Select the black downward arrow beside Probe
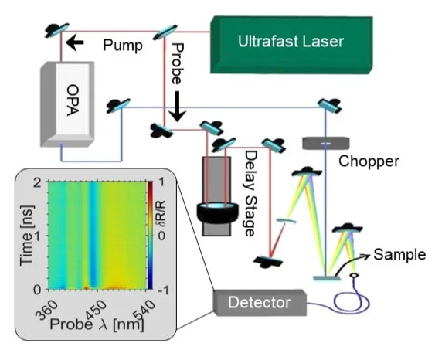[x=178, y=110]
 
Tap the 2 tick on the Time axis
[x=38, y=182]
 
